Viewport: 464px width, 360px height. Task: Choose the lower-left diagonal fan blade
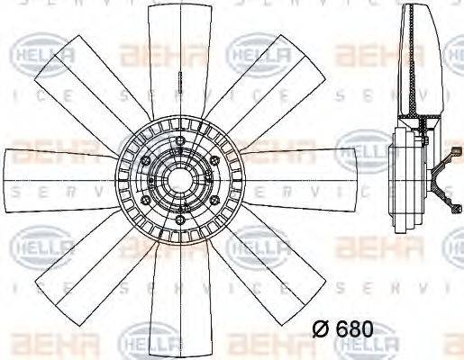(x=90, y=266)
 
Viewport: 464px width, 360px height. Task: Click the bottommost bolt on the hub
(x=180, y=221)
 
